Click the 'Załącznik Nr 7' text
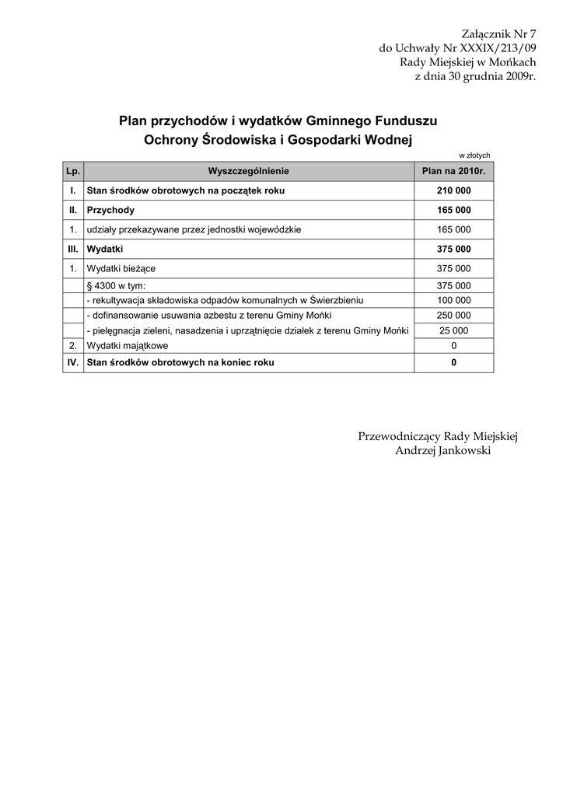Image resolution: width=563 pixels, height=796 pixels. [x=498, y=33]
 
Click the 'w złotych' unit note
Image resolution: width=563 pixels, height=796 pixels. [x=474, y=155]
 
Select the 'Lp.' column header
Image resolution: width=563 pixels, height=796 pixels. [x=72, y=171]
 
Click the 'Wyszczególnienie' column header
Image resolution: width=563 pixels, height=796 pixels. [x=248, y=171]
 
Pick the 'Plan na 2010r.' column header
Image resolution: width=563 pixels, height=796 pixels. [x=453, y=171]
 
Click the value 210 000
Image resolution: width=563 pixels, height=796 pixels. [x=453, y=190]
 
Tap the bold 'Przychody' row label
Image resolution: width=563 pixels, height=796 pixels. [x=110, y=210]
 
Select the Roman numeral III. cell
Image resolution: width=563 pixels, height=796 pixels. [x=72, y=250]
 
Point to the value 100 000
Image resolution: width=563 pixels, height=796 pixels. [x=453, y=300]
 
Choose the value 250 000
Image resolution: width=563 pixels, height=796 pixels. [x=453, y=315]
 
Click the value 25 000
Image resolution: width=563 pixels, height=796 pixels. [x=453, y=330]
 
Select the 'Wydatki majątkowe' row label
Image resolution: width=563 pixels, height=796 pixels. [x=127, y=345]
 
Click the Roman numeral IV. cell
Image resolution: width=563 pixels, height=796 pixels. [x=72, y=362]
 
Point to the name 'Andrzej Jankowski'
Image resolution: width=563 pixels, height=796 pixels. [x=442, y=451]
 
